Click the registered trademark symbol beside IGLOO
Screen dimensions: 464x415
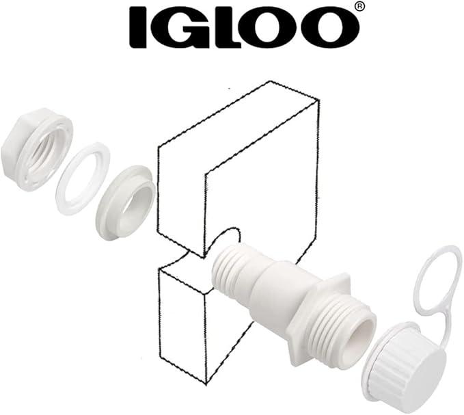[359, 7]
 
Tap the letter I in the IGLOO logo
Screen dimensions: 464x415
[138, 29]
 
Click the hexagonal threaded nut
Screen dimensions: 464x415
[37, 150]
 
